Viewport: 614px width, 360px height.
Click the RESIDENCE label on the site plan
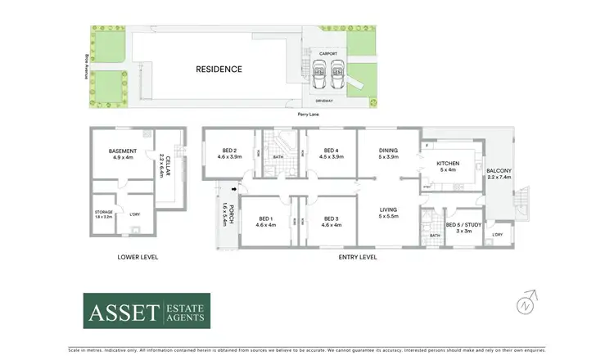[219, 69]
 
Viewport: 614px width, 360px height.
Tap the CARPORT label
[328, 54]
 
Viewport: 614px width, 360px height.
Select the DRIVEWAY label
[324, 101]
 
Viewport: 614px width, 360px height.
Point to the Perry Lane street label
[309, 114]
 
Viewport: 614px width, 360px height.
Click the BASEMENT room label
[123, 151]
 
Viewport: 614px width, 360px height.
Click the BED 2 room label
[229, 151]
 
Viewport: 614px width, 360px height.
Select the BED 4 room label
[331, 151]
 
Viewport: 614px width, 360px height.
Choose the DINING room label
[388, 151]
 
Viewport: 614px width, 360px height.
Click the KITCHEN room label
[448, 164]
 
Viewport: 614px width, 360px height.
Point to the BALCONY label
[499, 170]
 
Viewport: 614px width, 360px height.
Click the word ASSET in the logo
[124, 311]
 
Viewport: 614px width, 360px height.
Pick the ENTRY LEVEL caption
[358, 257]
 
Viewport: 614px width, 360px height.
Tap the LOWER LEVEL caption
[137, 257]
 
